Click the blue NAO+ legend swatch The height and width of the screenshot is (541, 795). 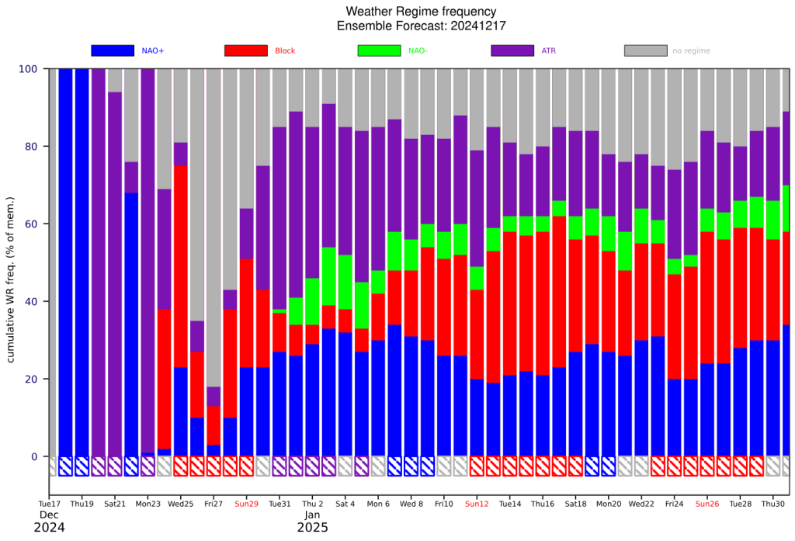[113, 50]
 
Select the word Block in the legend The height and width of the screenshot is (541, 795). [285, 50]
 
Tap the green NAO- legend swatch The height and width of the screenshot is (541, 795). [379, 50]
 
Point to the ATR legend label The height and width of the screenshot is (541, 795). [549, 50]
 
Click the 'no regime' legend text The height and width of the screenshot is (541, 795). [691, 50]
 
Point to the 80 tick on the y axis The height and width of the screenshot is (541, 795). [31, 147]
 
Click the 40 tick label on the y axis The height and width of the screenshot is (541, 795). [31, 302]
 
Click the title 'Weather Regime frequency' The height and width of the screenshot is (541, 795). [421, 11]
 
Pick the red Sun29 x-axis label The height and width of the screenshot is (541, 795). [246, 504]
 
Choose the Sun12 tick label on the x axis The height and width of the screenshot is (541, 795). [477, 504]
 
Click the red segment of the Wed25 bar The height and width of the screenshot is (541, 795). [180, 267]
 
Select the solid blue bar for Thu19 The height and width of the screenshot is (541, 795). [82, 262]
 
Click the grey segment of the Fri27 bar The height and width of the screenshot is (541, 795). [214, 227]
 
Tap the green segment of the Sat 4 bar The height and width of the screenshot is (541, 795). [345, 282]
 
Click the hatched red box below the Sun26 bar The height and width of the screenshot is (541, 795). [706, 466]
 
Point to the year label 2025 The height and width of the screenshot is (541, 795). [312, 528]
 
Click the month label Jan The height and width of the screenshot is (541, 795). [312, 515]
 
